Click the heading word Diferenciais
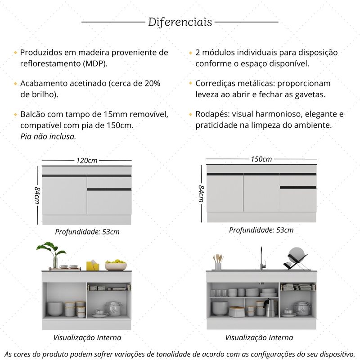pos(180,22)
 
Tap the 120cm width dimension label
pos(87,160)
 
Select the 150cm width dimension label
pos(261,159)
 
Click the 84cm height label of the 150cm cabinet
pos(201,193)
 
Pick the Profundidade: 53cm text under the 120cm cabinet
pos(87,232)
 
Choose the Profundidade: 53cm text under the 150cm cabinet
pos(261,230)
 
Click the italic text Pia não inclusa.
pos(48,135)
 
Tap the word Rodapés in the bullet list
pos(211,114)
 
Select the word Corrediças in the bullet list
pos(216,83)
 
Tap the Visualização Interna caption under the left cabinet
pos(87,337)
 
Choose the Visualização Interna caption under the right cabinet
pos(259,337)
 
